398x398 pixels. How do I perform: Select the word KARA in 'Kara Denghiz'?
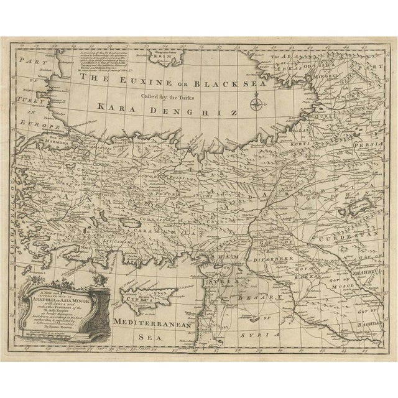pyautogui.click(x=116, y=108)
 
